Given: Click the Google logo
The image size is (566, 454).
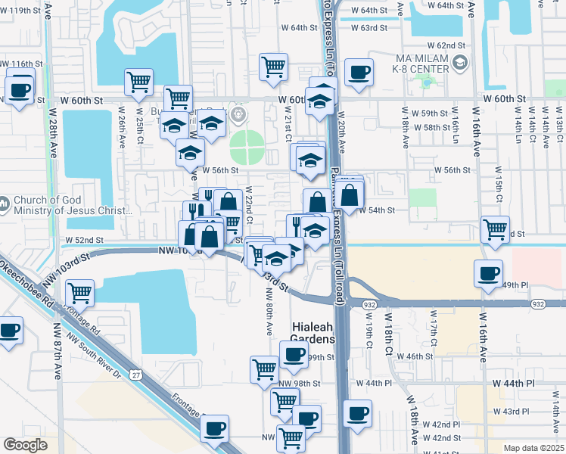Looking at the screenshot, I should pyautogui.click(x=25, y=444).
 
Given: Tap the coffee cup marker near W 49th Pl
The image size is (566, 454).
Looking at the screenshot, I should pyautogui.click(x=488, y=273).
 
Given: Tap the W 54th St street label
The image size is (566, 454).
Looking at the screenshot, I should pyautogui.click(x=376, y=210).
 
